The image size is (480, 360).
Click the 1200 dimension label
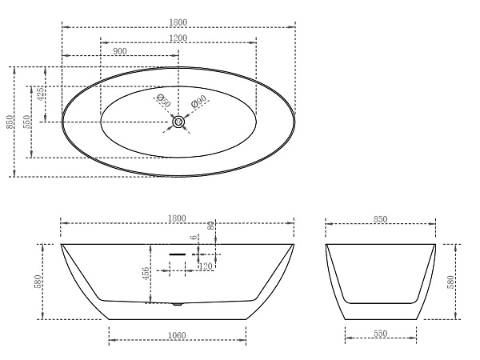[x=178, y=38]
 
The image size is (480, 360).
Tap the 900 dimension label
[x=120, y=51]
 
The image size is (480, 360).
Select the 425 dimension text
[x=41, y=94]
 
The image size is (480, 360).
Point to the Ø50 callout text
[x=163, y=101]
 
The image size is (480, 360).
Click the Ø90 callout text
[x=198, y=102]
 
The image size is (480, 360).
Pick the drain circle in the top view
[x=178, y=122]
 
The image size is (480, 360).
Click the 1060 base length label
[x=178, y=335]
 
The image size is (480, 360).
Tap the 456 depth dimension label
[x=146, y=274]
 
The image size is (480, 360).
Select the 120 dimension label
[x=206, y=266]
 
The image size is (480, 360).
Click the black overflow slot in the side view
[x=178, y=254]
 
